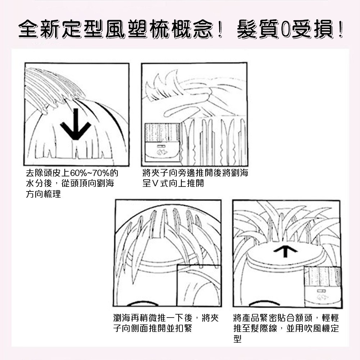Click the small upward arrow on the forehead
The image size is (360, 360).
coord(285,251)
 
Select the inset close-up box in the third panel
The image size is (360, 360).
coord(199,285)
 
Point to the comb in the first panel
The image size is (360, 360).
coord(50,88)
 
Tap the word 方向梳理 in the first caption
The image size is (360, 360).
coord(43,195)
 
